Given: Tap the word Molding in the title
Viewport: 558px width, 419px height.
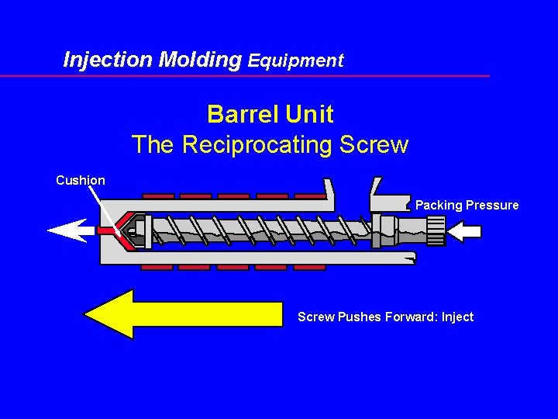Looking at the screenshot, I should [x=199, y=59].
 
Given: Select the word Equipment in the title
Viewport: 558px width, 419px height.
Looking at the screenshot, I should [x=295, y=61].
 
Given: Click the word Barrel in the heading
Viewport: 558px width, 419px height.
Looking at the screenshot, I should [x=243, y=114].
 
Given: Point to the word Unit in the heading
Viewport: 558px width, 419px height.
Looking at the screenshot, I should [x=309, y=114].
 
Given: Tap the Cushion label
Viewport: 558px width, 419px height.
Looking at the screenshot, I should [x=81, y=180].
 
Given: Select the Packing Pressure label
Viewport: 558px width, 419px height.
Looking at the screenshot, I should [x=467, y=205].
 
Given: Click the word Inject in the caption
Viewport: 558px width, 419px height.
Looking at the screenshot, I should [x=457, y=317].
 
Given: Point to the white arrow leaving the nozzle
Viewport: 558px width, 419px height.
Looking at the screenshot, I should [x=70, y=230].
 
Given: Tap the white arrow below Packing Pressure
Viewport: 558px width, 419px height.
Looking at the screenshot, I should [x=465, y=230].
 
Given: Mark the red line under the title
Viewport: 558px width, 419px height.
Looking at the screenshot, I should [x=245, y=76].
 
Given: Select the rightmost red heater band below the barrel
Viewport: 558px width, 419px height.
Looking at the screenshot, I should [x=308, y=267].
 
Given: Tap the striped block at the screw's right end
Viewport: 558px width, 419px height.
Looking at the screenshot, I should [x=436, y=230].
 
